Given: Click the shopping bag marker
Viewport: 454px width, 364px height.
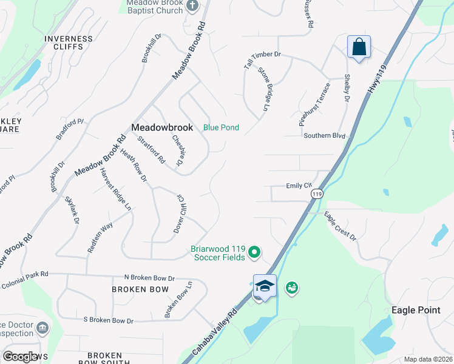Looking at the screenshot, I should [x=359, y=47].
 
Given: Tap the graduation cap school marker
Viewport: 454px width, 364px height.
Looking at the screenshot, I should [x=265, y=285].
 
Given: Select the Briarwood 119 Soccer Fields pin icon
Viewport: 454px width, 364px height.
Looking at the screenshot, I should [x=256, y=251].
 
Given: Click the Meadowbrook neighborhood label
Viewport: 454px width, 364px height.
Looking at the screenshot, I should [x=162, y=127].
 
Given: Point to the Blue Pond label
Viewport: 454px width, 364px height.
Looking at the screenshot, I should [x=221, y=127].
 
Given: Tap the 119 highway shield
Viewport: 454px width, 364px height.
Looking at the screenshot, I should [x=316, y=194].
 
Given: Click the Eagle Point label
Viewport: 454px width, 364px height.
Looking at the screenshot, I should [x=416, y=310].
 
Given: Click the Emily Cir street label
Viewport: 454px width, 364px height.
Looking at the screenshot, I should [x=299, y=186].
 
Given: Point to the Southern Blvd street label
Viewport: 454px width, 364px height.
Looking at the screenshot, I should [x=324, y=136].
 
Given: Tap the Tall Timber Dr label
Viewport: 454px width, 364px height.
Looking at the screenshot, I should [x=262, y=55].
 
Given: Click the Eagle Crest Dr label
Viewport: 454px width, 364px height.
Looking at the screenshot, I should [x=340, y=226].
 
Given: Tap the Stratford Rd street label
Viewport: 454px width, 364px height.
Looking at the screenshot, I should [x=151, y=150].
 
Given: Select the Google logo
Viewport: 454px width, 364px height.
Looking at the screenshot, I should [x=21, y=357].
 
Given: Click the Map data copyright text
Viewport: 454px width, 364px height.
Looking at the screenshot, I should [x=428, y=359].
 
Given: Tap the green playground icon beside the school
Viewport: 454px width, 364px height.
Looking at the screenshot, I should [x=291, y=287].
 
